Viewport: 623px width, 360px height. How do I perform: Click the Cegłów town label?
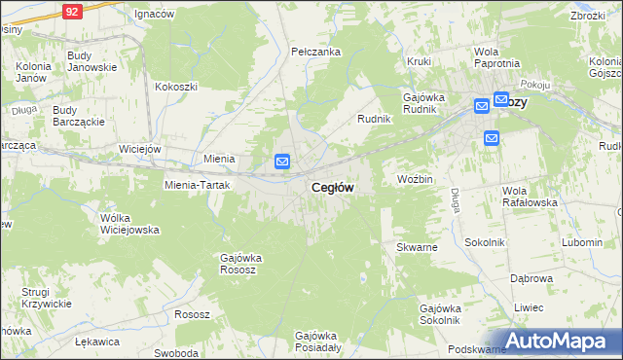332,187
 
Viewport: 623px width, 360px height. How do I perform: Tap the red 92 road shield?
72,11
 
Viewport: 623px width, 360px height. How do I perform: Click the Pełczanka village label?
314,50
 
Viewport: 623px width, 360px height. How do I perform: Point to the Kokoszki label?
175,86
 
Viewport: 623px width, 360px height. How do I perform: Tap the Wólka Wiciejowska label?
129,224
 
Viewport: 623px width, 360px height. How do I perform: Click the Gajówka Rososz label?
245,264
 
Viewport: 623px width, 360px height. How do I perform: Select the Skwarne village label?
417,247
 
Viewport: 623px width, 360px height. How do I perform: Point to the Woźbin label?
415,180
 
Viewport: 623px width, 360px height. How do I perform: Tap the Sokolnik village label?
484,241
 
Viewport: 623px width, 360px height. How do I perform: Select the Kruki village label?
420,61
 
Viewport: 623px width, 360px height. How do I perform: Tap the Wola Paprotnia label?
495,57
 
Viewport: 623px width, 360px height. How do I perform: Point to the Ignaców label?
154,15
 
